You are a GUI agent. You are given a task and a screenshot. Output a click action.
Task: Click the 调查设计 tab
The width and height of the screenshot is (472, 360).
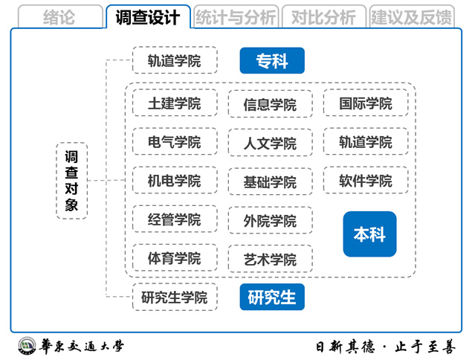(x=148, y=16)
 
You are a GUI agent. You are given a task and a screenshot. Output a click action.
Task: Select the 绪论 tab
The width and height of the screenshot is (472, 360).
(x=60, y=16)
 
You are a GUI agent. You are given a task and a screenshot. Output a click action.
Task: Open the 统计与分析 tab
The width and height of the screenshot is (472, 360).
(x=236, y=16)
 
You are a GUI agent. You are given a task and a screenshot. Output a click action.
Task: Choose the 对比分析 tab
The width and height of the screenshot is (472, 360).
(x=324, y=16)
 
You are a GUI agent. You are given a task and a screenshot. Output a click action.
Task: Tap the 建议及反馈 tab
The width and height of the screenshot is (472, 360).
(x=412, y=16)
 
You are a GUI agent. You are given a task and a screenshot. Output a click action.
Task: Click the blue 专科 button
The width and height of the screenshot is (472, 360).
(x=272, y=60)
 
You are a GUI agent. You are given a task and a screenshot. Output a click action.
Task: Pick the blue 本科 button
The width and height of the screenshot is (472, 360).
(x=369, y=234)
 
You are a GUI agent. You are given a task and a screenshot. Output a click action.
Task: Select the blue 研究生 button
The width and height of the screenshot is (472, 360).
(x=272, y=297)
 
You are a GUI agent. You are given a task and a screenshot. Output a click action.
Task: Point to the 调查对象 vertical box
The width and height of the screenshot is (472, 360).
(x=71, y=181)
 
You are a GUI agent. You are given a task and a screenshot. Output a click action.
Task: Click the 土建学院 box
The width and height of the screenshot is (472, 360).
(x=175, y=103)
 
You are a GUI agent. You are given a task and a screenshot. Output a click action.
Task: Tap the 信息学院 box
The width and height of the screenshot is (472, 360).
(x=271, y=104)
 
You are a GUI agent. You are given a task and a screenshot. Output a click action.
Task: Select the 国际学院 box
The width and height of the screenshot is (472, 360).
(x=366, y=103)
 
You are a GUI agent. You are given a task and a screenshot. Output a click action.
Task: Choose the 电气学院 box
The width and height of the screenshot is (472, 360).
(x=175, y=141)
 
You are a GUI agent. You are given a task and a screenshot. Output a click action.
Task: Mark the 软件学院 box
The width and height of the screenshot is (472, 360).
(x=366, y=180)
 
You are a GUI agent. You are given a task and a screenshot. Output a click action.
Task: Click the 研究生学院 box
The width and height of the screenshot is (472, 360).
(x=175, y=297)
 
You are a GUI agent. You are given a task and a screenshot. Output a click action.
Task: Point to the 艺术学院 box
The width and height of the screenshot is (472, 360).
(x=271, y=259)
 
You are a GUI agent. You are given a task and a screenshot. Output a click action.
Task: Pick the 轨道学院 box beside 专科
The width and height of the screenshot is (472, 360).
(x=175, y=60)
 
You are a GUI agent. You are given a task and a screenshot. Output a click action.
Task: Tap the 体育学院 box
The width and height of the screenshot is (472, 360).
(x=175, y=258)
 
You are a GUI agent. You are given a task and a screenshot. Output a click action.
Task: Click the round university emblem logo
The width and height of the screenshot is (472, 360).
(x=27, y=346)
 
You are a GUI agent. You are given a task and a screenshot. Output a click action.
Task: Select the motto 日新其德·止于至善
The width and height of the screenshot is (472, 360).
(x=385, y=347)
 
